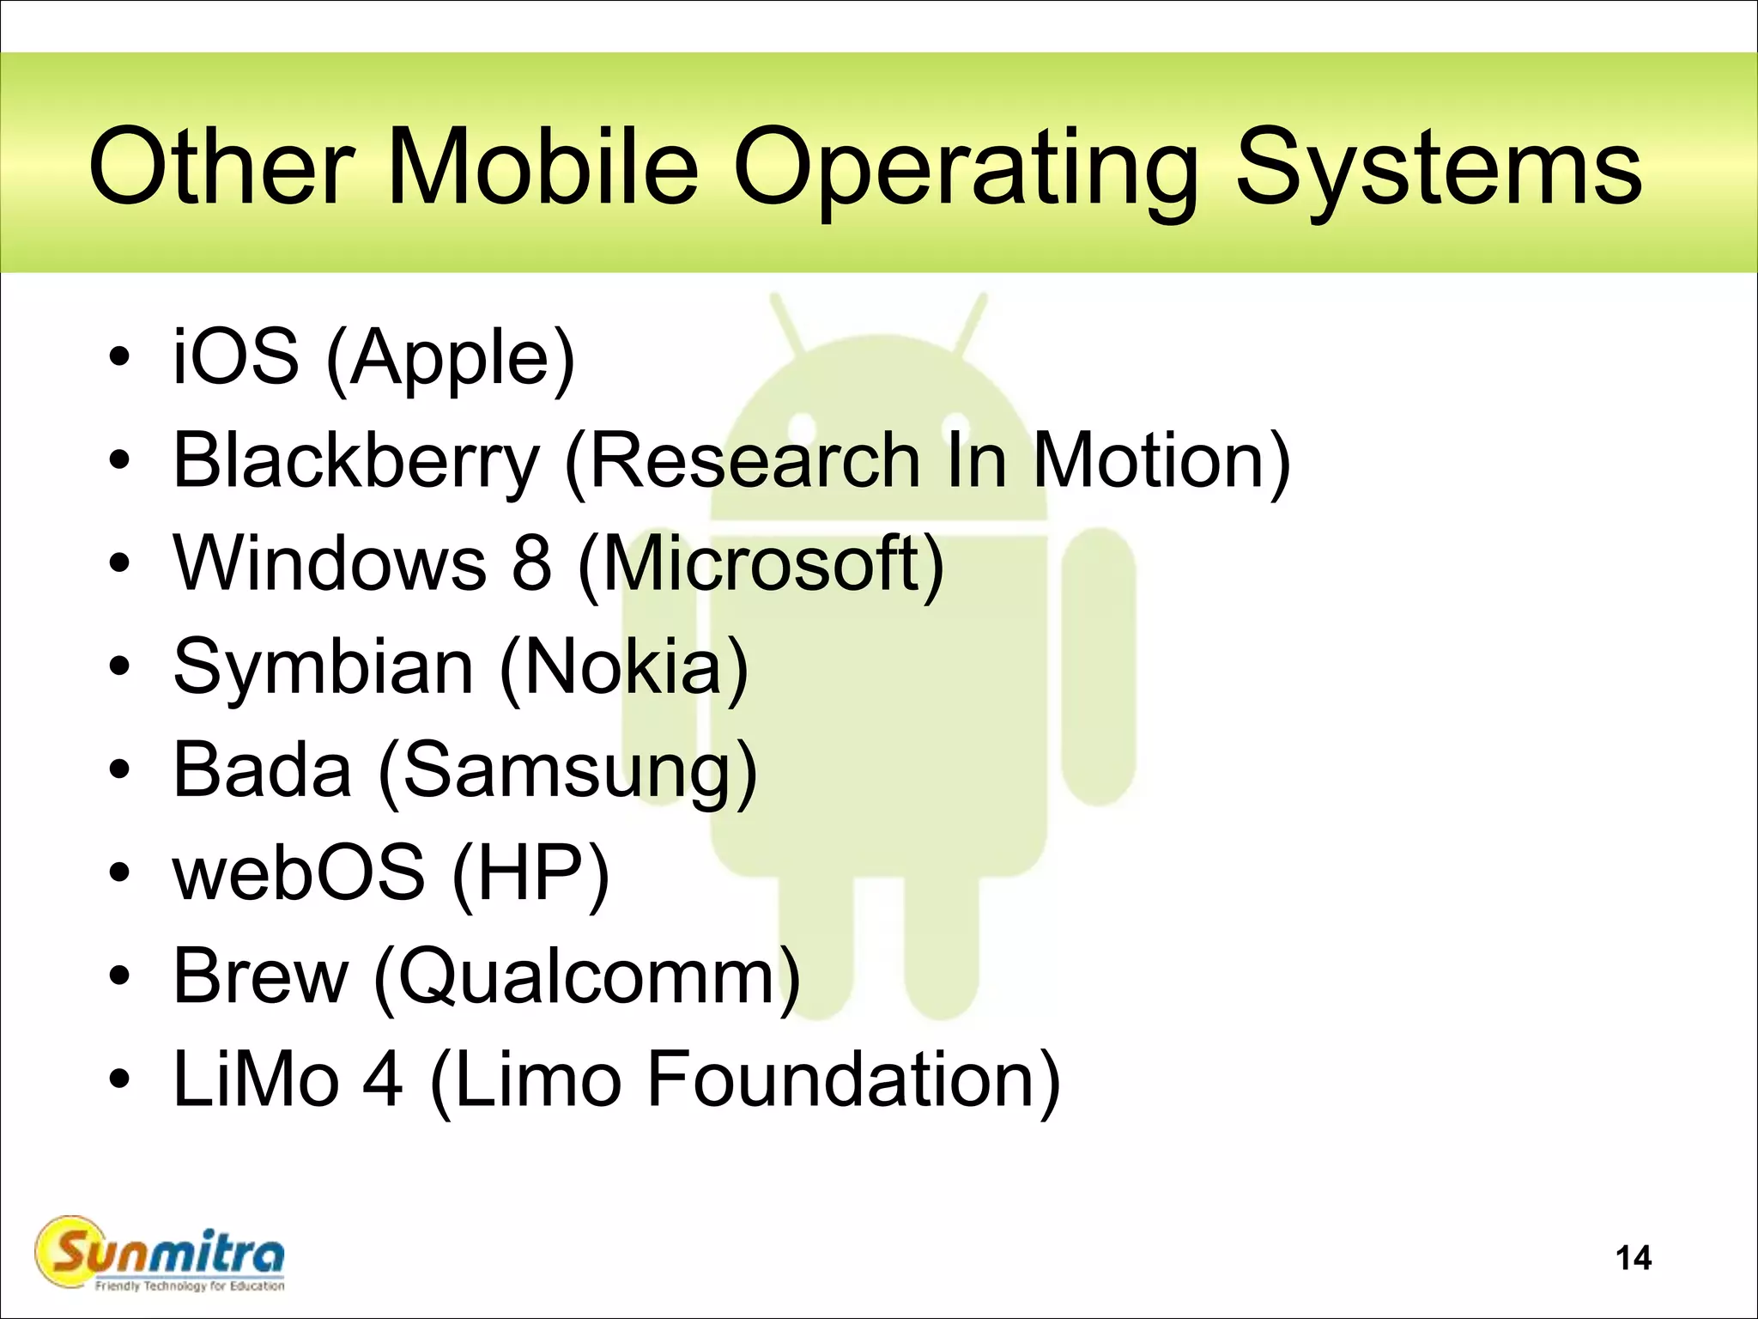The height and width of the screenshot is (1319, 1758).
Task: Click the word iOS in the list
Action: coord(236,356)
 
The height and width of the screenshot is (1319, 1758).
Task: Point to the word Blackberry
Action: coord(356,461)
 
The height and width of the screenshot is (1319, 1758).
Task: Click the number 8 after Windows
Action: coord(531,563)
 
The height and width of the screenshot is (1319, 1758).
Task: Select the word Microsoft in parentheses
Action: coord(761,563)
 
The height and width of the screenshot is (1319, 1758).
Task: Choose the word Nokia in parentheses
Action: coord(623,667)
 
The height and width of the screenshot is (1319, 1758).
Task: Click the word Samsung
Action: coord(567,770)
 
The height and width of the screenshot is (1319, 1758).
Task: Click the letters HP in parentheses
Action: coord(530,872)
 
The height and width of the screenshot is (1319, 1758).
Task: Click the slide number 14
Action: coord(1633,1258)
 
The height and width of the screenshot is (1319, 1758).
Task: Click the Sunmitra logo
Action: coord(160,1255)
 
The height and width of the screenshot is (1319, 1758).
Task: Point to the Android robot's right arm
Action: coord(1099,666)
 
